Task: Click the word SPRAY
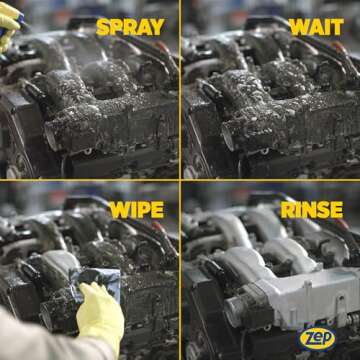tap(130, 27)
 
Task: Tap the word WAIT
tap(316, 27)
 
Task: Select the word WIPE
tap(137, 210)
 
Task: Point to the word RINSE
tap(312, 210)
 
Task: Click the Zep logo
tap(317, 339)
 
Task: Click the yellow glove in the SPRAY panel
tap(9, 25)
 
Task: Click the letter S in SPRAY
tap(102, 27)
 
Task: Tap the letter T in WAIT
tap(337, 27)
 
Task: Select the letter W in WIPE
tap(119, 210)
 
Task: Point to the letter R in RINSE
tap(287, 210)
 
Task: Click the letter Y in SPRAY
tap(158, 27)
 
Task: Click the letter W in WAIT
tap(299, 27)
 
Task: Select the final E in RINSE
tap(337, 210)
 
